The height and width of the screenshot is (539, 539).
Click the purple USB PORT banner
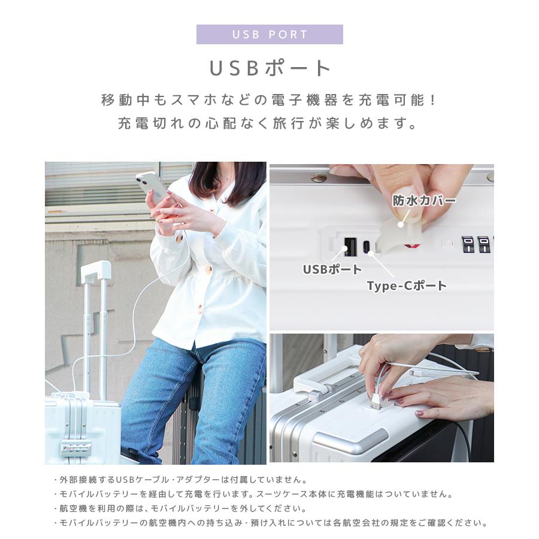269,34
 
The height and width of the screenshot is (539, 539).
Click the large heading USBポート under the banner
269,68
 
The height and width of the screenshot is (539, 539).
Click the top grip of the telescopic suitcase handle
96,271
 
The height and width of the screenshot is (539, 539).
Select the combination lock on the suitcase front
71,447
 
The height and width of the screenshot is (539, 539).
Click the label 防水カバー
424,200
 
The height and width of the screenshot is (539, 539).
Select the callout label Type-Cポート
407,286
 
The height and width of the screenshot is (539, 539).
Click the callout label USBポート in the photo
332,269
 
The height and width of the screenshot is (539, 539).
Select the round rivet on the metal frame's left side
319,178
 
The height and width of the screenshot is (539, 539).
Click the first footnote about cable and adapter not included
180,480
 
